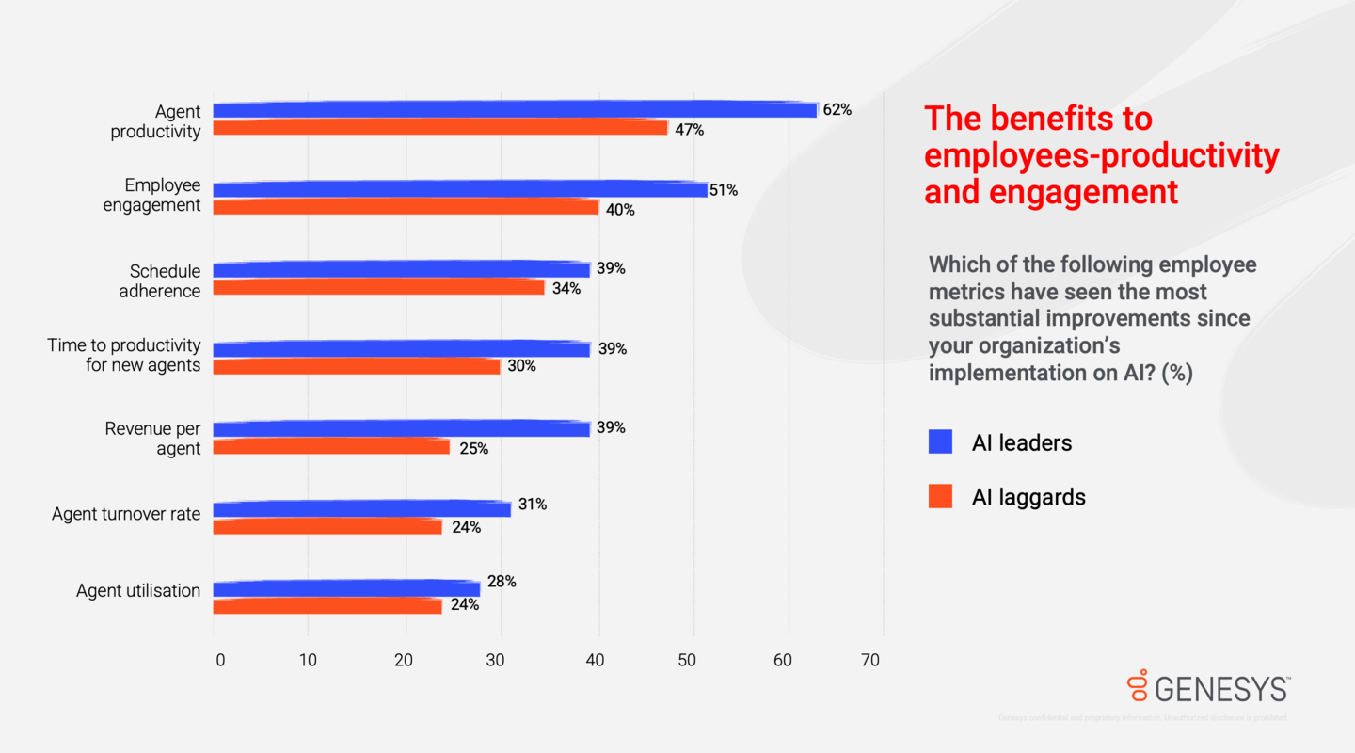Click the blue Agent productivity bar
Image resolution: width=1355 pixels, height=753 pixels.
click(x=515, y=110)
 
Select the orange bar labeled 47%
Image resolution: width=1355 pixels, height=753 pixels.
click(x=440, y=128)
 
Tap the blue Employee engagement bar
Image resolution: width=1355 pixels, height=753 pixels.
click(x=460, y=190)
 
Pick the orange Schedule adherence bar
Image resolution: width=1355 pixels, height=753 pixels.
click(x=378, y=288)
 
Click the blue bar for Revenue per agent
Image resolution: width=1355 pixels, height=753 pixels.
click(x=401, y=429)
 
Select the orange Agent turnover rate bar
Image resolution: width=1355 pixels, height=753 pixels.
click(x=327, y=527)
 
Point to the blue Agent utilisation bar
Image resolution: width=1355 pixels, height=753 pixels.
click(x=346, y=589)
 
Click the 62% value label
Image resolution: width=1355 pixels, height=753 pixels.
click(x=837, y=110)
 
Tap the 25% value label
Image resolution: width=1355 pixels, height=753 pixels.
click(x=473, y=449)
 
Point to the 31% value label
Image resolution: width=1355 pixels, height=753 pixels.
click(x=532, y=505)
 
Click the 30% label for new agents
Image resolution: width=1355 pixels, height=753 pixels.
click(x=521, y=366)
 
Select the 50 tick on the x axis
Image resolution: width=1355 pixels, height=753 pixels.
click(x=692, y=661)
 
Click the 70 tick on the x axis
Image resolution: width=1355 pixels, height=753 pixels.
click(x=870, y=661)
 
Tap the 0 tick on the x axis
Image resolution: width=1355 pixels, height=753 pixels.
click(x=220, y=661)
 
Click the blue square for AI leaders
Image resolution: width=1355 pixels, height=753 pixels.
click(x=940, y=441)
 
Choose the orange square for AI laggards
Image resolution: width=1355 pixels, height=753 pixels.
click(x=940, y=496)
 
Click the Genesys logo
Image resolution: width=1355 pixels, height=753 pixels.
click(x=1208, y=688)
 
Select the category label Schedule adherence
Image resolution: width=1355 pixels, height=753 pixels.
click(x=160, y=280)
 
